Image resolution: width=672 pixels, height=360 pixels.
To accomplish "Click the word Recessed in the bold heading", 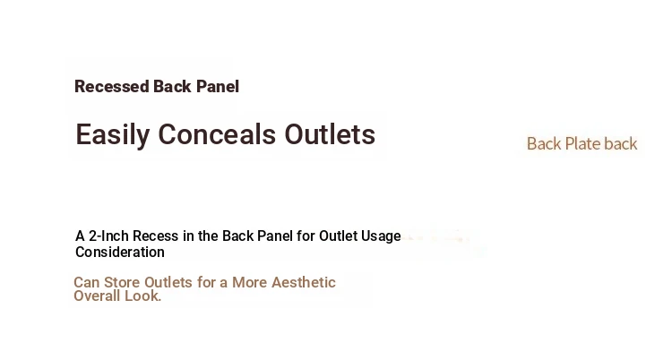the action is point(111,87).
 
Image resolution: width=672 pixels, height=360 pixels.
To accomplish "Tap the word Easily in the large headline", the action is point(112,135).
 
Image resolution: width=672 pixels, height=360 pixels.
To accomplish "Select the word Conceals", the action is point(217,134).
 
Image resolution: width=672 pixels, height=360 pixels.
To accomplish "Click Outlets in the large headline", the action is point(330,134).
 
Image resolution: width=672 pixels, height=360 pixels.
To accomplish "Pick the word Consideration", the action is point(120,252).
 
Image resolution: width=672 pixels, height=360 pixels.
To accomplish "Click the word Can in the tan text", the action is point(87,282).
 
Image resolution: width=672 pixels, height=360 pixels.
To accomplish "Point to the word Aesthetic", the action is point(304,282).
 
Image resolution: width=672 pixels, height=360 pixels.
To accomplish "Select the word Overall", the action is point(97,296).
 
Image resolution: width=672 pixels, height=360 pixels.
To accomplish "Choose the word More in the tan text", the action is point(250,282).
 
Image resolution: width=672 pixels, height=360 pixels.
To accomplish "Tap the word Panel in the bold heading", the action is point(218,87).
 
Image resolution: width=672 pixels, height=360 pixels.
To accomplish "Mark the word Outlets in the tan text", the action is point(168,282).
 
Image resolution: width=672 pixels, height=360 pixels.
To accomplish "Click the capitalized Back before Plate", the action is point(544,144).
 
